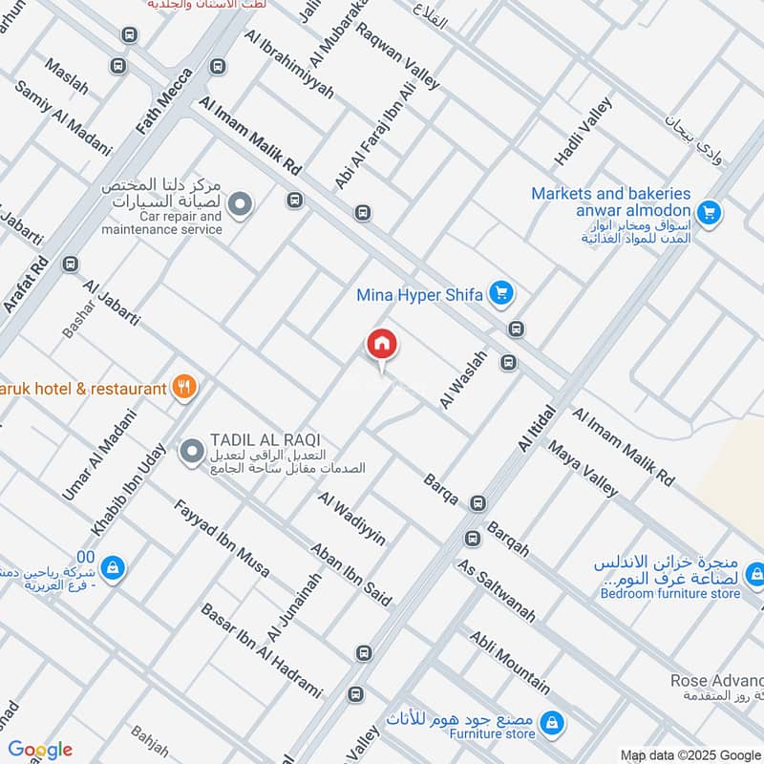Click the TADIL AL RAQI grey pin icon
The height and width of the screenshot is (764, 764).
pyautogui.click(x=192, y=449)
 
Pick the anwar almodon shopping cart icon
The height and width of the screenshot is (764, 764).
pyautogui.click(x=708, y=212)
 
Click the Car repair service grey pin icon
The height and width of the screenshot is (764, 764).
pyautogui.click(x=242, y=203)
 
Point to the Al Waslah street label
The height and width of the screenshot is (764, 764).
pyautogui.click(x=463, y=380)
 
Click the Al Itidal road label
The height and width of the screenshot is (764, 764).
pyautogui.click(x=536, y=427)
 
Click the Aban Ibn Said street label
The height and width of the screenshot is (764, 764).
pyautogui.click(x=350, y=574)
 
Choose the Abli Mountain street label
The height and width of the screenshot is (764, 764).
pyautogui.click(x=509, y=661)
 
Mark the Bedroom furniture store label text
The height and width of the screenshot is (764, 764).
pyautogui.click(x=669, y=593)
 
